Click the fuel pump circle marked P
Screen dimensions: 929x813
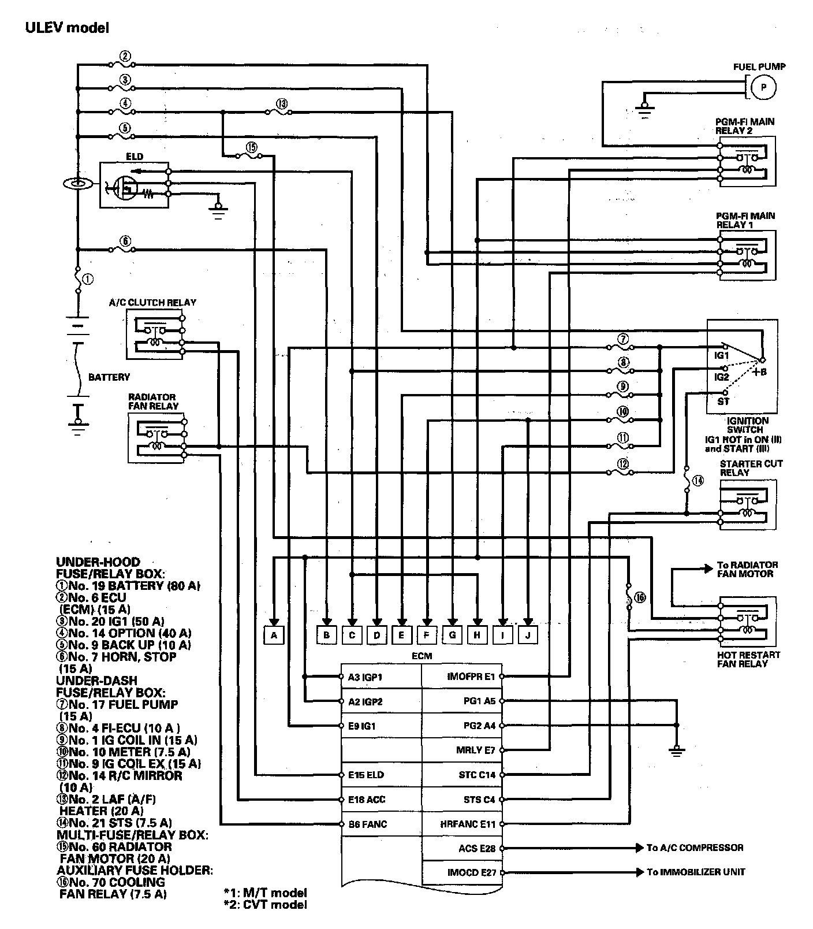pos(763,87)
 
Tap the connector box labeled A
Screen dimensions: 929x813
pos(274,636)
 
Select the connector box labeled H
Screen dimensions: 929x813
pos(477,636)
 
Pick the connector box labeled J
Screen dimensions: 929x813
pos(528,636)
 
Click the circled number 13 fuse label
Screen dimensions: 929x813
pos(281,104)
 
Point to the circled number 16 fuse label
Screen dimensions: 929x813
pos(640,597)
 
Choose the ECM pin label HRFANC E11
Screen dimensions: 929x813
pos(468,824)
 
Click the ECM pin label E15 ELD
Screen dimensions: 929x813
pos(366,775)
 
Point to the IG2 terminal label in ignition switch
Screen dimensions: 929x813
pos(722,377)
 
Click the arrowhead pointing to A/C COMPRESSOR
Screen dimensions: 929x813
pos(639,848)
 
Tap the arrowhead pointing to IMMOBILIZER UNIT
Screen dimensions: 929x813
pos(639,872)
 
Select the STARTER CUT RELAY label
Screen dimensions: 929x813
pos(751,468)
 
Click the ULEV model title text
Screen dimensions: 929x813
pos(67,27)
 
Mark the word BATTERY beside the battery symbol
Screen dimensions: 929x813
pos(109,377)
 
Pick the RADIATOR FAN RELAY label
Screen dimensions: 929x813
pos(153,402)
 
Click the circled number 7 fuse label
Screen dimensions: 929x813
pos(622,339)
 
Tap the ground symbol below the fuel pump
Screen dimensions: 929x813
pos(645,108)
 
